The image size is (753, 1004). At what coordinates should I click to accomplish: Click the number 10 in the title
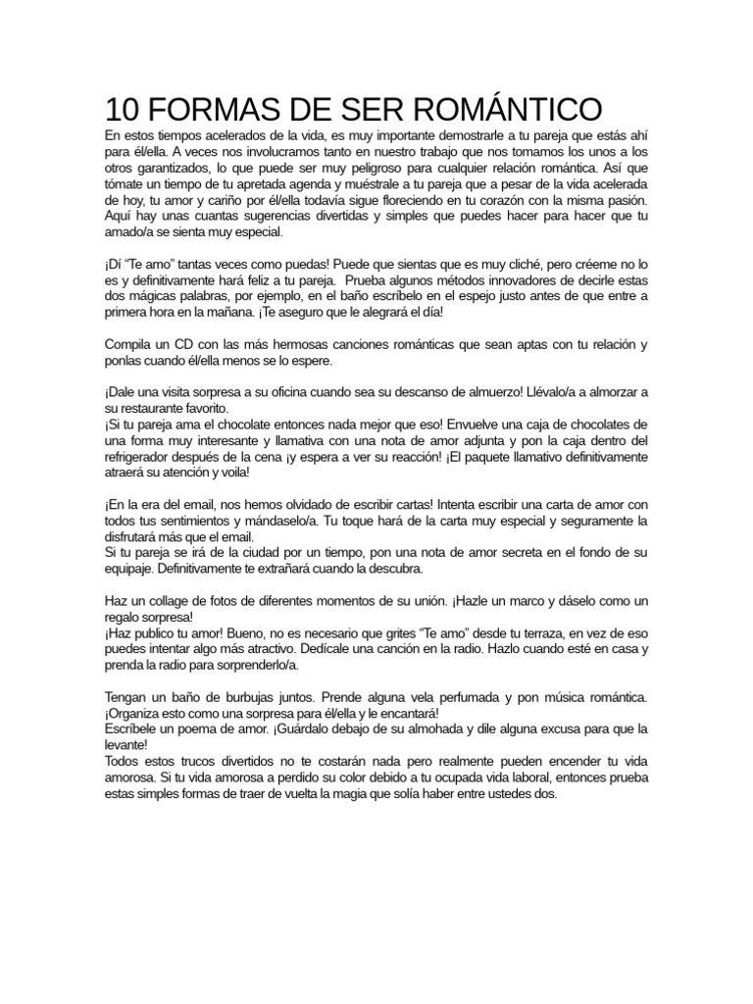click(123, 107)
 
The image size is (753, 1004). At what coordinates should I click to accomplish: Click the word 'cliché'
click(508, 264)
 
